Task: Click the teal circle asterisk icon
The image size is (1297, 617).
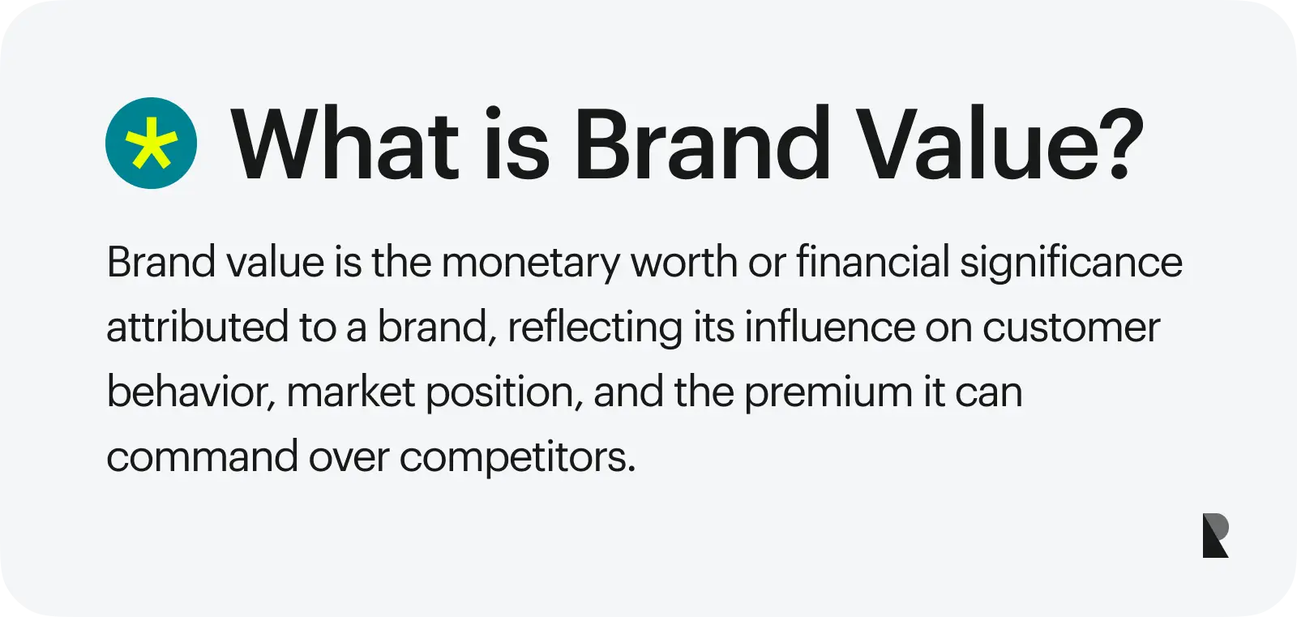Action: (x=151, y=144)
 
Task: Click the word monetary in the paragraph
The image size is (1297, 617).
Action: (x=530, y=263)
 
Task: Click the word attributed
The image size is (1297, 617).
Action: (x=197, y=328)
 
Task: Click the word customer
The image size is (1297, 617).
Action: (x=1071, y=328)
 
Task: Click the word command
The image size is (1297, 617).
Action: (x=202, y=457)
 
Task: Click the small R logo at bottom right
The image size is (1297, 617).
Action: (x=1215, y=535)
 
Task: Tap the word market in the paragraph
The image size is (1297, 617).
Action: (x=351, y=392)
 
